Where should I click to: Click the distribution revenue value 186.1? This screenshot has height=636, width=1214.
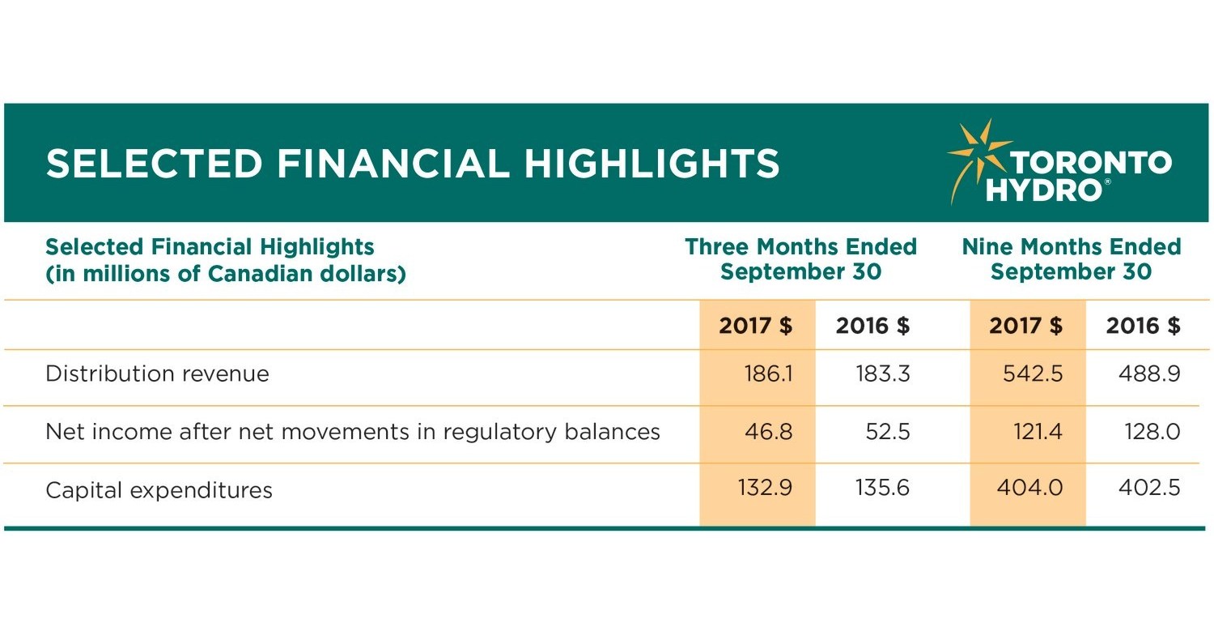(x=767, y=374)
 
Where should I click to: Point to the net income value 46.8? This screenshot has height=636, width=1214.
(x=768, y=432)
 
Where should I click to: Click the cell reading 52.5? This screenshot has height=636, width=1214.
(x=888, y=432)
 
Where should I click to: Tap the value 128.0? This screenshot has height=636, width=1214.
(x=1152, y=432)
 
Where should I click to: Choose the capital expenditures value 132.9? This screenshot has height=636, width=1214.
(x=765, y=489)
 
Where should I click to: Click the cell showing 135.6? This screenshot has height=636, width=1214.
(x=882, y=489)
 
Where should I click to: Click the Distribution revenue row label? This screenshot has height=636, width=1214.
(x=157, y=374)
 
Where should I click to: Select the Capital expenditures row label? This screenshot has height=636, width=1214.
(x=159, y=490)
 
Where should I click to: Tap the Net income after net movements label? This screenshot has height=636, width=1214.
(x=353, y=432)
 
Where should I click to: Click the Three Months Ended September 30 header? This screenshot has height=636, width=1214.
(x=800, y=258)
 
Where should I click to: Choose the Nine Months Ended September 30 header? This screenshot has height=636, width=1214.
(x=1071, y=258)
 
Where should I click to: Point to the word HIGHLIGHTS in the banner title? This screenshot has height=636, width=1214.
(x=652, y=164)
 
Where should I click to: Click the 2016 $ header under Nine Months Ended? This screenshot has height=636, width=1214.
(x=1143, y=326)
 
